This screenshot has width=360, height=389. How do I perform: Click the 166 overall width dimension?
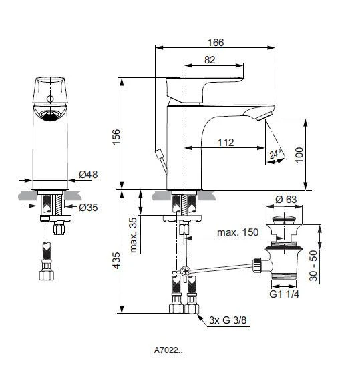[214, 41]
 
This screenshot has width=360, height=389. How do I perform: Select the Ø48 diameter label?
[88, 175]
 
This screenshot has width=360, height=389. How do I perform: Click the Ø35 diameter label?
[88, 208]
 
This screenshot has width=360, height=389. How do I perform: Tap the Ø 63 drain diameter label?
[287, 200]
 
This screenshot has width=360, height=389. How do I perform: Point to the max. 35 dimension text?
[134, 234]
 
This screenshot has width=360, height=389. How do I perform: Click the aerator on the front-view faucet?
[50, 115]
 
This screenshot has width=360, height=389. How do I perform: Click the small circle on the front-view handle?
[50, 99]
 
